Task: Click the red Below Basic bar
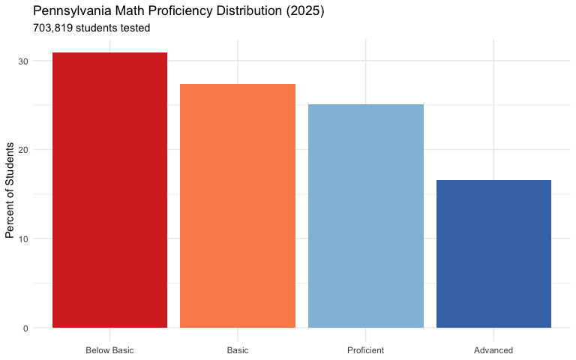coord(109,190)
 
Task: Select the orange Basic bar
coord(238,206)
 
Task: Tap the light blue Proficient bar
coord(366,216)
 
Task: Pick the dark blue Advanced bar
coord(493,254)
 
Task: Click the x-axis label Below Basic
coord(109,350)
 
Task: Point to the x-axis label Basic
coord(238,350)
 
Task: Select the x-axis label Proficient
coord(366,350)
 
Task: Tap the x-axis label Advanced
coord(493,350)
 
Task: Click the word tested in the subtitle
coord(136,28)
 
